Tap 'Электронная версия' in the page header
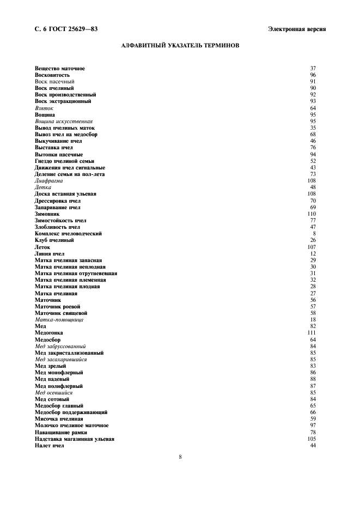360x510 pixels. click(297, 29)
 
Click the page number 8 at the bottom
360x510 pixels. click(180, 457)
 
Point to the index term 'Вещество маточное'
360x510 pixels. click(60, 68)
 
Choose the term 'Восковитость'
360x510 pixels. click(52, 75)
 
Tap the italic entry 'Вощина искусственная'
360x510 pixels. click(64, 121)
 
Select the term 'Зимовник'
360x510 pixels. click(47, 214)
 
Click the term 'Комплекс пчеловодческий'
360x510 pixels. click(68, 234)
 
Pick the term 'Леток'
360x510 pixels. click(42, 247)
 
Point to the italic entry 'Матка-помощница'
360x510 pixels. click(59, 319)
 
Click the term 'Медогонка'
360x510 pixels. click(49, 332)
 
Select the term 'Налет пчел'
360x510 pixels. click(50, 445)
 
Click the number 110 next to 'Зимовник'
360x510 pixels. click(312, 214)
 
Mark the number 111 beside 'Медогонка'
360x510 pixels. click(312, 332)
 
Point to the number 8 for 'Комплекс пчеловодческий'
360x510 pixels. click(314, 234)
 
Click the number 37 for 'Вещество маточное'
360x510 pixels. click(313, 68)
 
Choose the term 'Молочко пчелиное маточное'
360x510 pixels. click(71, 426)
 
